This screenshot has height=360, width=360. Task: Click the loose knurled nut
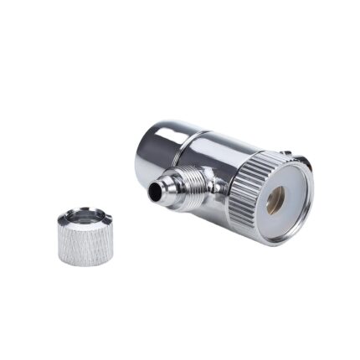[85, 238]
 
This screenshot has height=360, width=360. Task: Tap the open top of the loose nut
[86, 220]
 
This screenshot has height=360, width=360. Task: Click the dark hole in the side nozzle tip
[155, 192]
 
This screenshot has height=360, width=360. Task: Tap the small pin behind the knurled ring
[286, 153]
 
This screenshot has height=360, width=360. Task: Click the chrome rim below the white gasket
[285, 238]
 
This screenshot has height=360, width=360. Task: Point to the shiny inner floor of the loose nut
[86, 223]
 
